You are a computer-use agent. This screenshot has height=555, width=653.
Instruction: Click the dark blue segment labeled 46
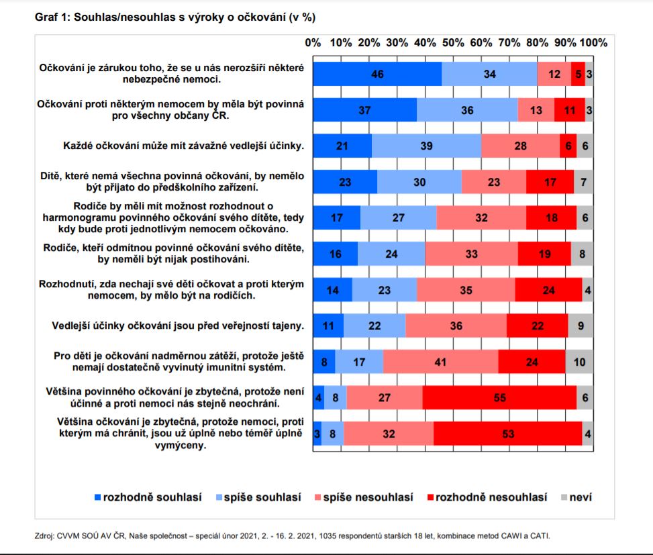tap(377, 74)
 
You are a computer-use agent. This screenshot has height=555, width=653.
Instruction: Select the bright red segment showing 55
tap(499, 397)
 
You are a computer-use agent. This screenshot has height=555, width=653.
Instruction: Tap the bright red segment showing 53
tap(507, 434)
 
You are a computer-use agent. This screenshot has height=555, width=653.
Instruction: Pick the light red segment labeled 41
tap(441, 362)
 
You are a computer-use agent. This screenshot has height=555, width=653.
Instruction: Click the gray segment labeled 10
tap(579, 362)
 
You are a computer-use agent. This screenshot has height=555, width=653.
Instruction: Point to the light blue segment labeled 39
tap(426, 146)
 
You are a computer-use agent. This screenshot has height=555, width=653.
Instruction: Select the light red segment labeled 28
tap(521, 146)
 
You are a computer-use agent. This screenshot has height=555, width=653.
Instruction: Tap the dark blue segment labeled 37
tap(365, 110)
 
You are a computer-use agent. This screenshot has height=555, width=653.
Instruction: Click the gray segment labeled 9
tap(581, 325)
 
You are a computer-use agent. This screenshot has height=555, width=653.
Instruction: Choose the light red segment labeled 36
tap(456, 325)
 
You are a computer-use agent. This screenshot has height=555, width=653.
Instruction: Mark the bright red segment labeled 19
tap(544, 254)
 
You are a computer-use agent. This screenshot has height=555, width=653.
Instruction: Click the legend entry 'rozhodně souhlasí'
tap(148, 497)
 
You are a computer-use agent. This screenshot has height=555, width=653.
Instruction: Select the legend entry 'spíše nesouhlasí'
tap(364, 497)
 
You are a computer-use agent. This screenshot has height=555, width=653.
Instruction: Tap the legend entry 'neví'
tap(576, 497)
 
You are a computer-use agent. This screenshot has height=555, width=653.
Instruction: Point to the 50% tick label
tap(453, 42)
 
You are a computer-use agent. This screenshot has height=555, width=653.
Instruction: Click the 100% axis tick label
tap(593, 42)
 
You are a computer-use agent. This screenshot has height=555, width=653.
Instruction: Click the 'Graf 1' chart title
tap(175, 17)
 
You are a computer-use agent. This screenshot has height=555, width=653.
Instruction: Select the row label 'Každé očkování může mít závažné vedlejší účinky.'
tap(184, 146)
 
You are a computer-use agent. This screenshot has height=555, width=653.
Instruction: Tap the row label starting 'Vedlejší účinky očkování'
tap(178, 325)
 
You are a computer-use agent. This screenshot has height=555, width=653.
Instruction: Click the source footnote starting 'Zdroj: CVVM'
tap(293, 536)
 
